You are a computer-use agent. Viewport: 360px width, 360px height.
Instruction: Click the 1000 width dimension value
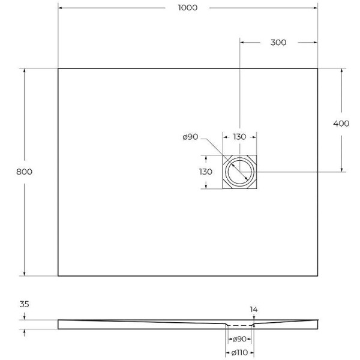click(x=187, y=8)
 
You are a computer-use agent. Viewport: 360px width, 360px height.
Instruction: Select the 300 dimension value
click(x=278, y=43)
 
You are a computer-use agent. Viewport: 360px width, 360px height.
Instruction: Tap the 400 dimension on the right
click(x=341, y=124)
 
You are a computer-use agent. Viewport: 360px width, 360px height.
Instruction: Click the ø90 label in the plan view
click(x=190, y=137)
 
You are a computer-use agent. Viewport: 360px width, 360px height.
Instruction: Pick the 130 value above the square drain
click(x=239, y=137)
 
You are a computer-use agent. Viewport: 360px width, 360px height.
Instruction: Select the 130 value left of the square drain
click(x=206, y=172)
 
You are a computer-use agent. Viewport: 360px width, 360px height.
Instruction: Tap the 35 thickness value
click(x=25, y=304)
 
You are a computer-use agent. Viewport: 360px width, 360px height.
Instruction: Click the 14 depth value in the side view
click(x=254, y=310)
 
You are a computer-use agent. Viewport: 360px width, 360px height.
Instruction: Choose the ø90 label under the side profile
click(x=240, y=339)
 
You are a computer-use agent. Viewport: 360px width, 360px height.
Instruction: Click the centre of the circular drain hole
click(x=240, y=172)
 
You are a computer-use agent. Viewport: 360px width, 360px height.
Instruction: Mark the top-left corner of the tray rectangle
click(x=58, y=68)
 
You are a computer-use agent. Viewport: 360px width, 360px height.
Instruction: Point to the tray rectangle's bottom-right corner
click(x=317, y=276)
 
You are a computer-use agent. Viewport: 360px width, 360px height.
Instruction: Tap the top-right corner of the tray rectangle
click(x=317, y=68)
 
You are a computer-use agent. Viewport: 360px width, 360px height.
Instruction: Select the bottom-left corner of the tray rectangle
click(x=58, y=276)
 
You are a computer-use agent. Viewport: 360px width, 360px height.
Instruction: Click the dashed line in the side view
click(x=240, y=323)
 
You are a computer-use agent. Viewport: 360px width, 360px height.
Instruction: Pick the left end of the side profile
click(x=59, y=324)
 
